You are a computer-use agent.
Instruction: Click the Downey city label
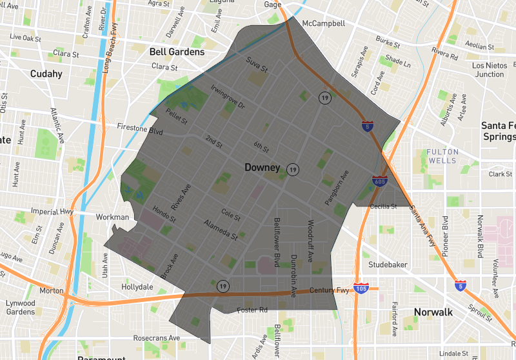(x=262, y=168)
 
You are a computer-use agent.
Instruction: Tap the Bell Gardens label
(x=177, y=52)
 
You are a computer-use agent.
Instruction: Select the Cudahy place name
(x=46, y=74)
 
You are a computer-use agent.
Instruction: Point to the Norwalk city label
(x=433, y=312)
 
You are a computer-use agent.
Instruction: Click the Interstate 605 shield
(x=379, y=181)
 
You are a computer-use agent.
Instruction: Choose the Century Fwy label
(x=329, y=290)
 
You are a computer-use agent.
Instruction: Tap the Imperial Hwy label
(x=53, y=211)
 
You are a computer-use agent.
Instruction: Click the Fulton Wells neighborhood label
(x=442, y=156)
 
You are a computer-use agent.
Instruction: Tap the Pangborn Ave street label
(x=337, y=188)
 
